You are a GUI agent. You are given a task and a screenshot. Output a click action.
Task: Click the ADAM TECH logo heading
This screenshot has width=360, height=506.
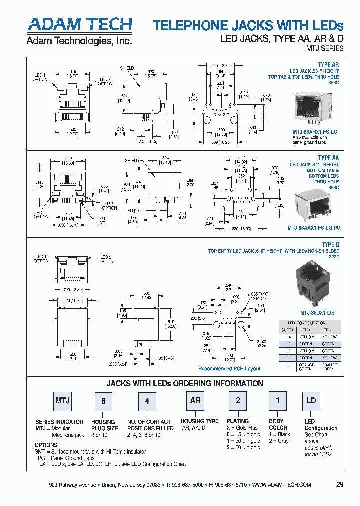(79, 25)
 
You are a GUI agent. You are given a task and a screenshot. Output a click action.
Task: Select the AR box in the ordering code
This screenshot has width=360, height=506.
(195, 401)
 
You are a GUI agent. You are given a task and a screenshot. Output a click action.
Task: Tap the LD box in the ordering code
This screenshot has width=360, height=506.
(311, 401)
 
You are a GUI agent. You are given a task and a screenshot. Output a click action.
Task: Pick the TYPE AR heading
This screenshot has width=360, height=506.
(328, 65)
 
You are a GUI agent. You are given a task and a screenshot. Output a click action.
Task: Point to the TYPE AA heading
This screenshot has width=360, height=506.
(328, 158)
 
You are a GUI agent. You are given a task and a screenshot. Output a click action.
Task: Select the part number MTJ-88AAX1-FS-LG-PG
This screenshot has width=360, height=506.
(313, 227)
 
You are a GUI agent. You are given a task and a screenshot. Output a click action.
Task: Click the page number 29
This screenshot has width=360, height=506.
(340, 485)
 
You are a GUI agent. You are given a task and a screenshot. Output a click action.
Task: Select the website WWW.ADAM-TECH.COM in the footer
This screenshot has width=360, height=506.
(282, 485)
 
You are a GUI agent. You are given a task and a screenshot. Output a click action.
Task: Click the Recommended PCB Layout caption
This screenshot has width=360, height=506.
(229, 369)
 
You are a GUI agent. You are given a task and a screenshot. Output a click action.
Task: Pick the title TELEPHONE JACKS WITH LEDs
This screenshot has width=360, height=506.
(248, 26)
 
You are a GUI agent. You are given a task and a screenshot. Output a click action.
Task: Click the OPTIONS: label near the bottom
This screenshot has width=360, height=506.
(46, 445)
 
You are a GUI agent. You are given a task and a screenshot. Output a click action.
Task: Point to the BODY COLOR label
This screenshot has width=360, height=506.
(278, 424)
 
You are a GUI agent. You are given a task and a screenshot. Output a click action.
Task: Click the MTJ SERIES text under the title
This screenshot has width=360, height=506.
(325, 49)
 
